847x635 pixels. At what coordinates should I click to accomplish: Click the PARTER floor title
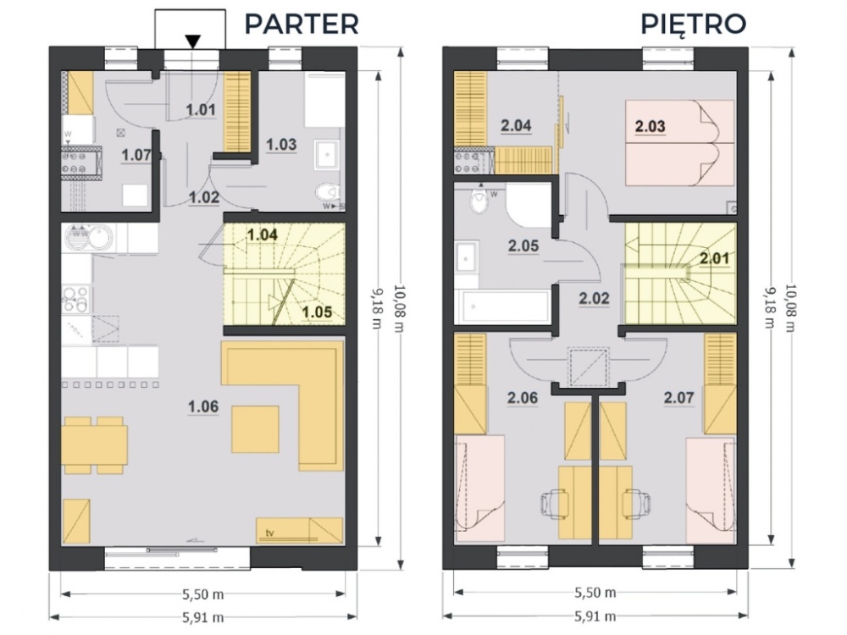[x=302, y=23]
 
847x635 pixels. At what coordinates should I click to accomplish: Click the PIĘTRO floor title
[x=693, y=23]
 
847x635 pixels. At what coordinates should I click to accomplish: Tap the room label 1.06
[x=203, y=407]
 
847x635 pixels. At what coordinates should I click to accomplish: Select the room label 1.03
[x=281, y=144]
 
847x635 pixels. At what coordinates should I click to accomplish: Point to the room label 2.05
[x=523, y=246]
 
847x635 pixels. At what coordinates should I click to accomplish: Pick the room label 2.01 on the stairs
[x=716, y=259]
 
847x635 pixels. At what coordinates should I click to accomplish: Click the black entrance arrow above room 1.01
[x=194, y=40]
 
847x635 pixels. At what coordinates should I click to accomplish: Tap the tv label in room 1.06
[x=271, y=533]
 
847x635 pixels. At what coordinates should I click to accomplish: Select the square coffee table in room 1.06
[x=256, y=428]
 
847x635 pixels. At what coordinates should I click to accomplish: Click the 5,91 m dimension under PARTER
[x=202, y=617]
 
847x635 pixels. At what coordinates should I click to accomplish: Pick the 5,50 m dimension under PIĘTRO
[x=595, y=592]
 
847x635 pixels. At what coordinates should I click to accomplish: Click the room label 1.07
[x=136, y=155]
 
